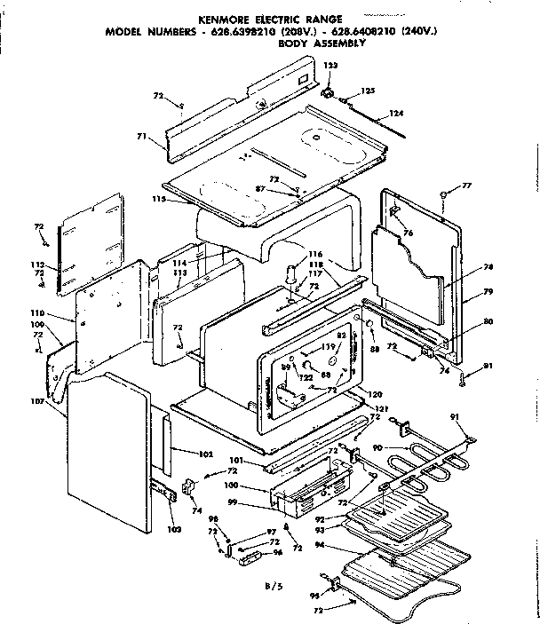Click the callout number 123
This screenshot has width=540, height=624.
coord(330,67)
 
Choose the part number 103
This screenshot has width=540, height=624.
coord(173,530)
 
